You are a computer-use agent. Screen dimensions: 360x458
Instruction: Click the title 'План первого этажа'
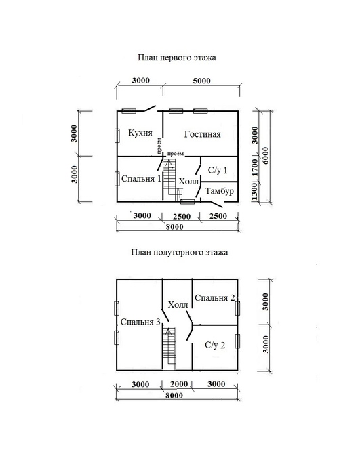point(177,58)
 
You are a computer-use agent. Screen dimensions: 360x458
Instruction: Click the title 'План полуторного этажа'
point(180,252)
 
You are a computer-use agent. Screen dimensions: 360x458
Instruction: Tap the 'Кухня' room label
point(140,133)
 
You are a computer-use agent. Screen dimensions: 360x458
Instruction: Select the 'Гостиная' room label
point(203,134)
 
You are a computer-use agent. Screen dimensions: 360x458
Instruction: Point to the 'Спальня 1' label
point(141,179)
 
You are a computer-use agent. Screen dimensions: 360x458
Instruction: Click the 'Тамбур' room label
point(220,191)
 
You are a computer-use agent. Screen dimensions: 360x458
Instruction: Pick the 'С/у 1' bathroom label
point(218,170)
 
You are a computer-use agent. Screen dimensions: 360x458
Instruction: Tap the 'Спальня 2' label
point(215,298)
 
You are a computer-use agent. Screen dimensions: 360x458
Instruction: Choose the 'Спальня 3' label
point(140,322)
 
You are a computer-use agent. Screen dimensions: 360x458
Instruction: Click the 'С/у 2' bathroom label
point(215,346)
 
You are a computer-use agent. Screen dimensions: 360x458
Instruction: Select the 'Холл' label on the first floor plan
point(188,182)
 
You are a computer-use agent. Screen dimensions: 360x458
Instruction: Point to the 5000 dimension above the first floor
point(201,81)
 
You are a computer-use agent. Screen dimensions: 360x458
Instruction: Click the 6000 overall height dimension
point(265,156)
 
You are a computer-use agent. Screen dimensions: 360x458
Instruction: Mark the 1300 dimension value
point(254,191)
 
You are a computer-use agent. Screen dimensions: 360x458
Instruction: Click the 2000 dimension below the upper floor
point(179,384)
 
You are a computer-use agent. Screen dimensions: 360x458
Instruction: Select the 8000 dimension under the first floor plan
point(174,227)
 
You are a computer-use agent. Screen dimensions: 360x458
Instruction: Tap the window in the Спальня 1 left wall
point(117,178)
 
